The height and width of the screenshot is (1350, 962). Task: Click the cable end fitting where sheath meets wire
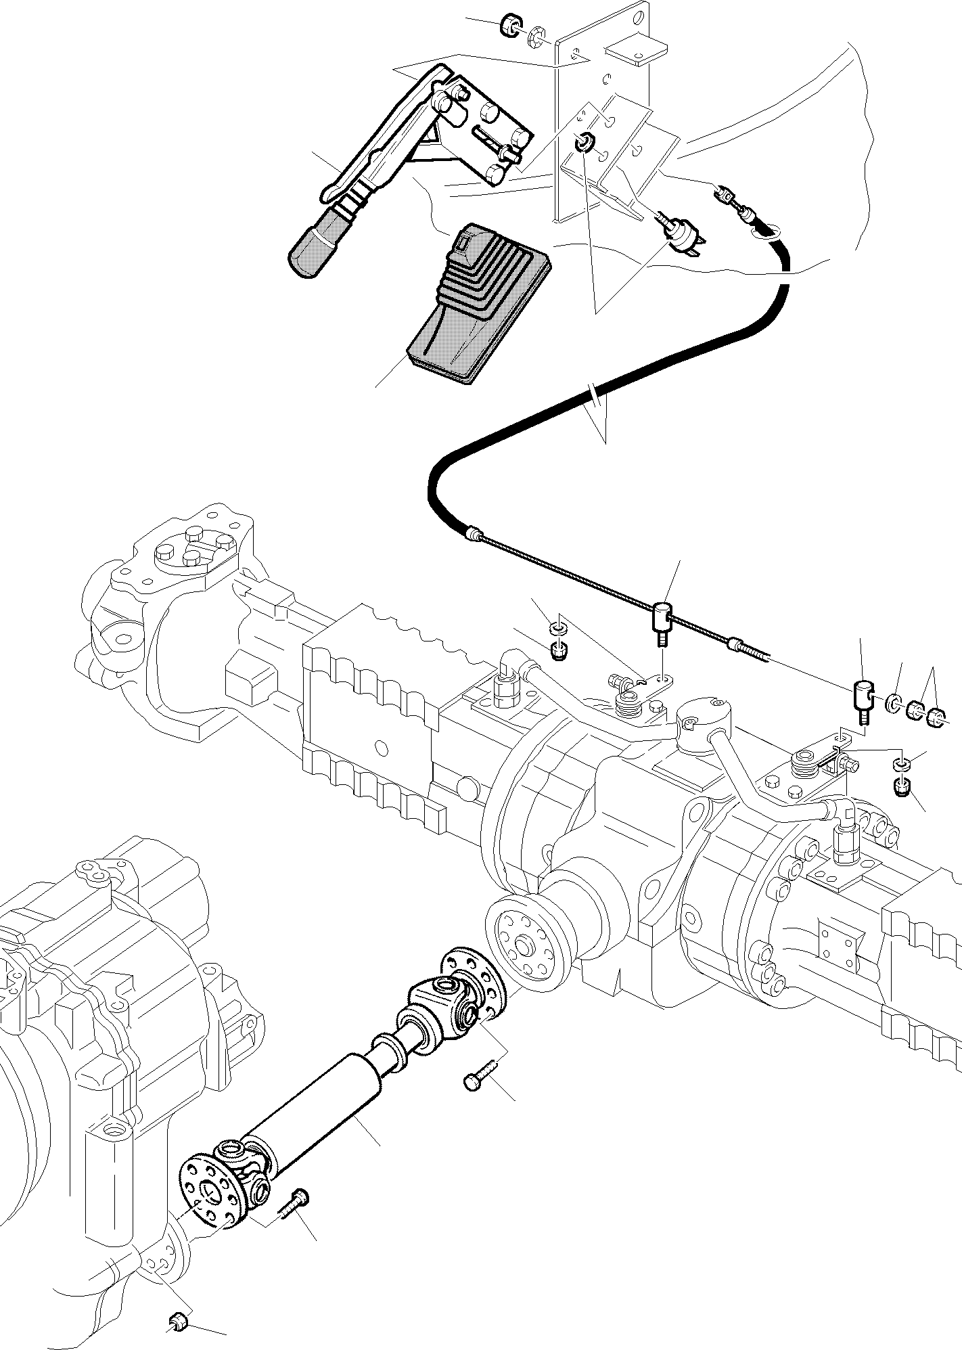[x=475, y=535]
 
